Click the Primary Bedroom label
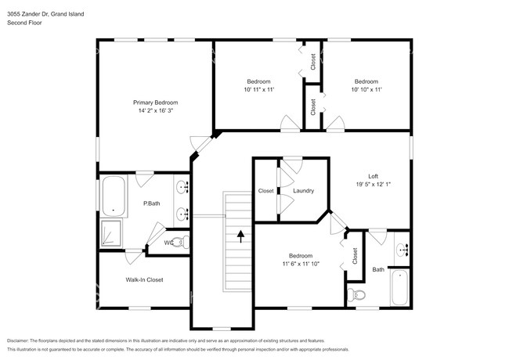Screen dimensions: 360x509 155,103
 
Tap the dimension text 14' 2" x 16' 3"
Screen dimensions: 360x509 155,111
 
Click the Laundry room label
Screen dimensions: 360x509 303,191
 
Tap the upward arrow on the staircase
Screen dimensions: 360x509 240,232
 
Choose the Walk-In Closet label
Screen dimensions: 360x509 144,279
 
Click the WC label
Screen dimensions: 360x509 168,243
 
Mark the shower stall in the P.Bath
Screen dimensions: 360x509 113,233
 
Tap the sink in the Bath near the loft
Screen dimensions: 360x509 402,250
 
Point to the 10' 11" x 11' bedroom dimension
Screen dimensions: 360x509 258,90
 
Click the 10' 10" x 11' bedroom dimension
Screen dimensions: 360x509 366,90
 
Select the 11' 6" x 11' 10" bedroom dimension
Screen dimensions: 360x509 301,265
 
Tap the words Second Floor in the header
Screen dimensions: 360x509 25,23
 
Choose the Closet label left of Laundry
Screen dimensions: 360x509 266,191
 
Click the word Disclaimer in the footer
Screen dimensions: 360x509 21,340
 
